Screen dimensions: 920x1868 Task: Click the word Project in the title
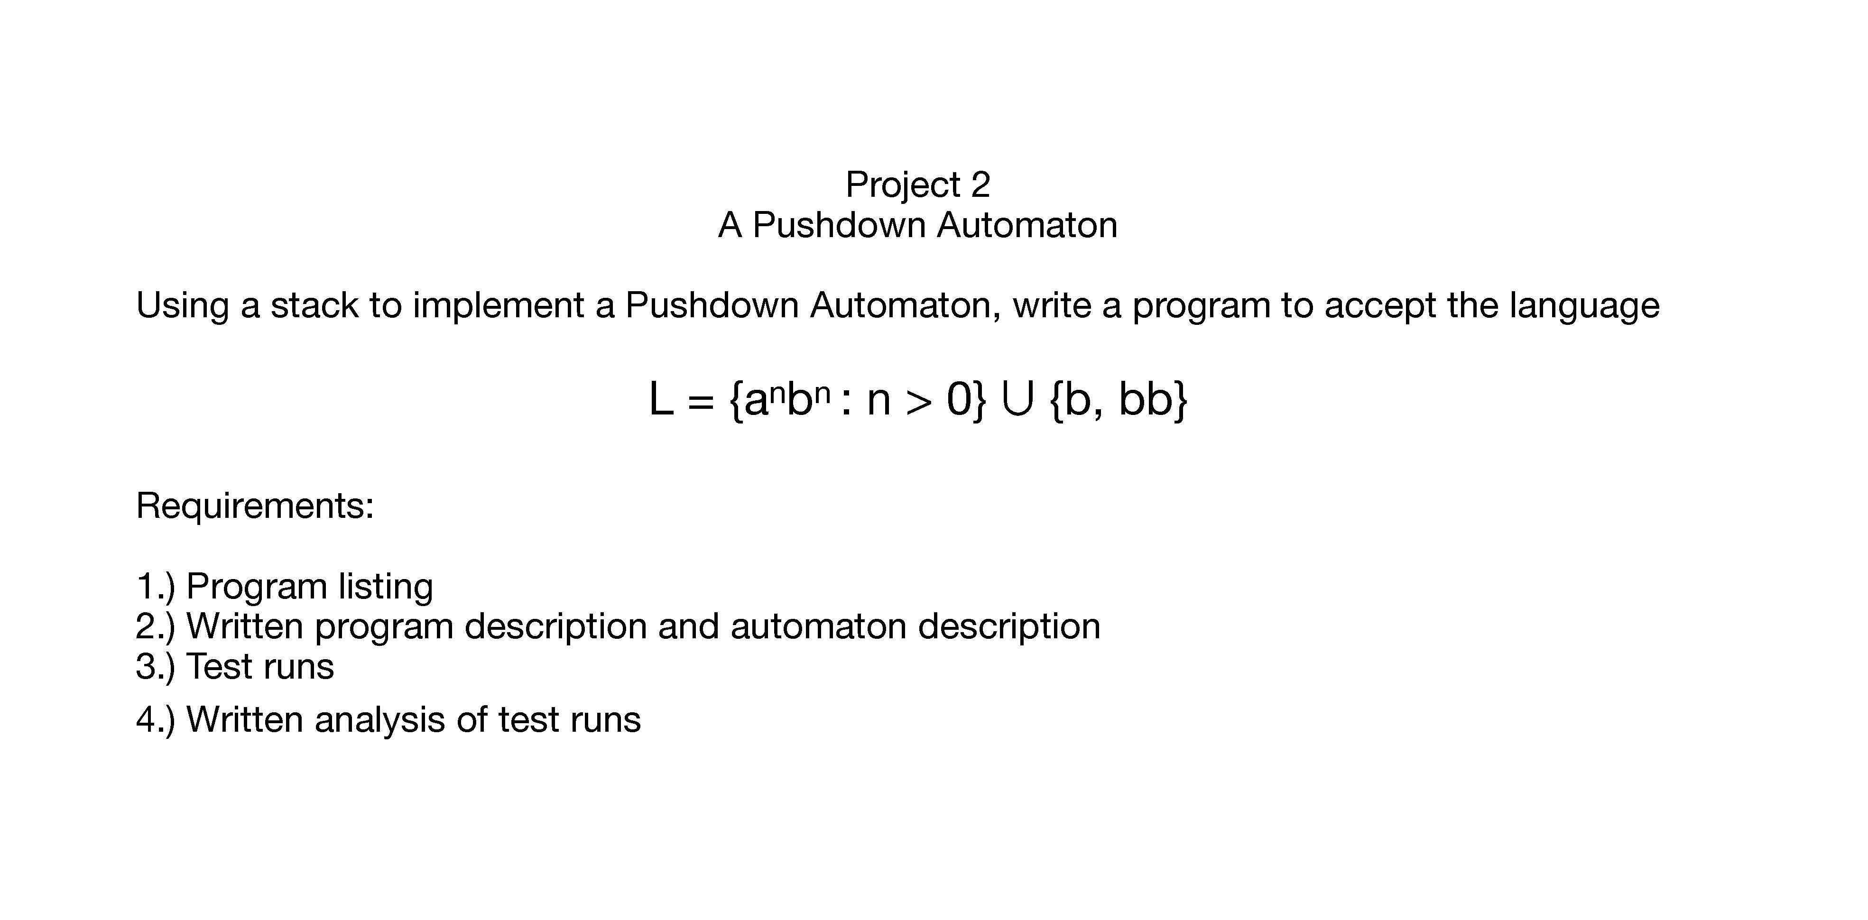click(x=902, y=185)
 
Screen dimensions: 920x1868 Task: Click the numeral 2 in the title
click(x=980, y=185)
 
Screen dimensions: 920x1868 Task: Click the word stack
click(x=314, y=305)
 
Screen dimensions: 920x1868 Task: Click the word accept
click(x=1380, y=305)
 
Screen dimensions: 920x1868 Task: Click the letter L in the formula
click(x=661, y=399)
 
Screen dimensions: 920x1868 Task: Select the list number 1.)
click(x=155, y=587)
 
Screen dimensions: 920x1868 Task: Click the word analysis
click(x=379, y=720)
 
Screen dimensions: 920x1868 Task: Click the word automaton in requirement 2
click(x=818, y=626)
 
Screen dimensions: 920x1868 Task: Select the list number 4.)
click(x=155, y=720)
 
